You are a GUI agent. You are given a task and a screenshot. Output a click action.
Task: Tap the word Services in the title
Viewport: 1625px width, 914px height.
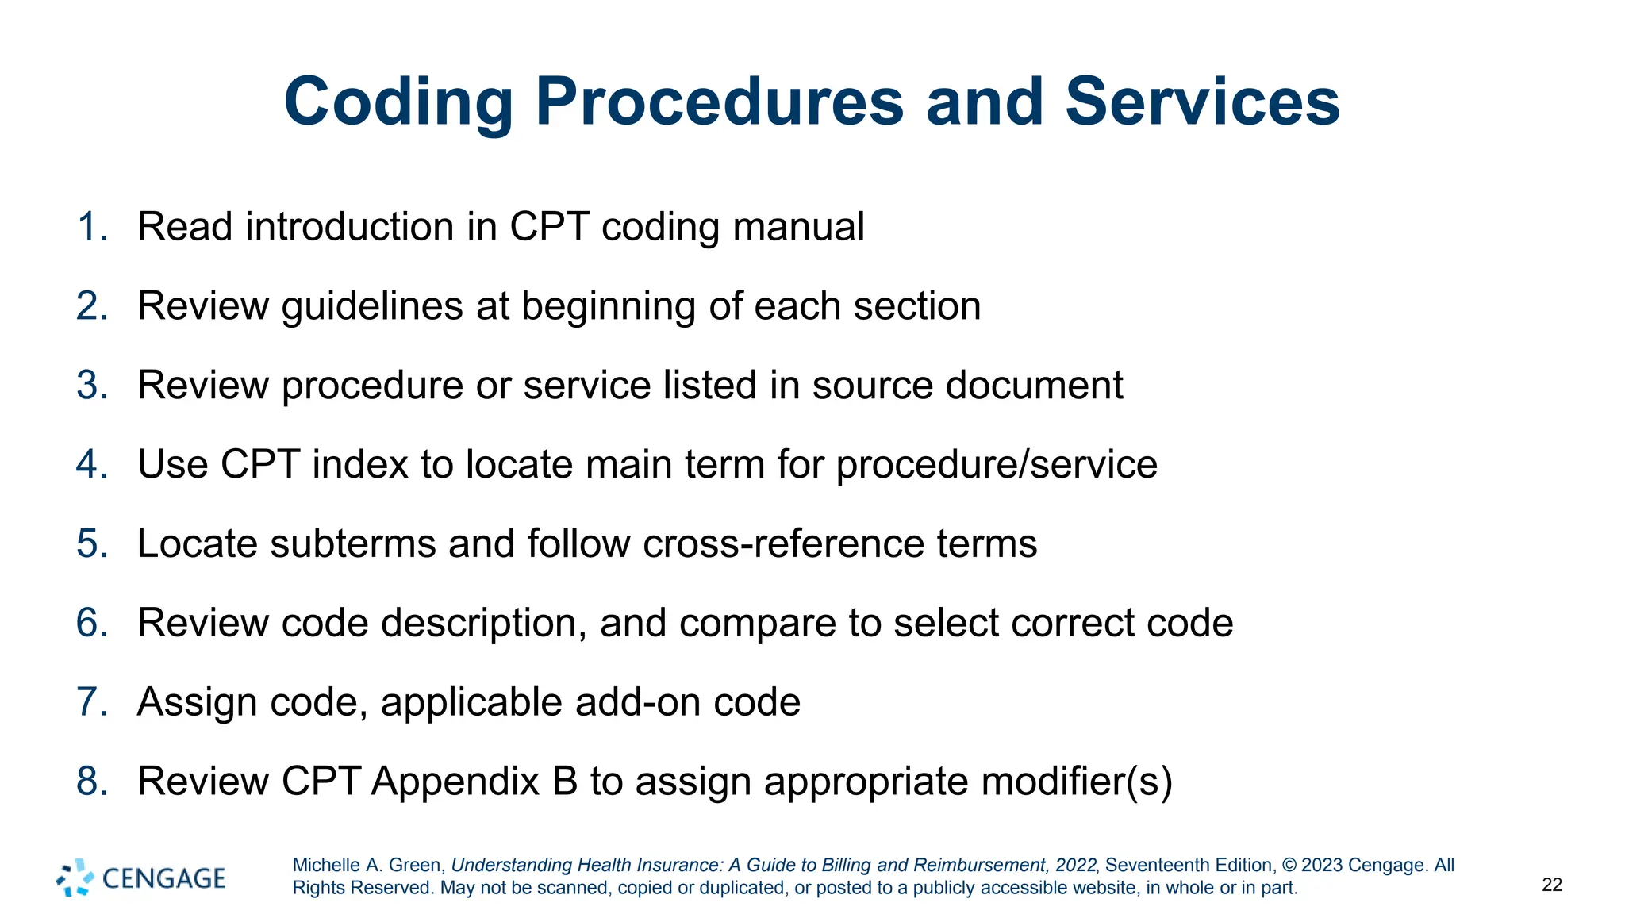[1202, 102]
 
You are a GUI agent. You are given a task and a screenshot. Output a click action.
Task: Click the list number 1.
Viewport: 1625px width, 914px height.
[91, 227]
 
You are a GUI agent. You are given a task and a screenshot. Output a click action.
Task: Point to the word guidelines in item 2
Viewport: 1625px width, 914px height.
[372, 306]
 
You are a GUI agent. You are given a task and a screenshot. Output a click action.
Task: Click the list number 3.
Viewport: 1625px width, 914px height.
[92, 386]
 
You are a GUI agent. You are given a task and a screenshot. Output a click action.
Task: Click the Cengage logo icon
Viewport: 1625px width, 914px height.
[75, 878]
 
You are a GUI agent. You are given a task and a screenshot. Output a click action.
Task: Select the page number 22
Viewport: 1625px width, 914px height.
[1552, 885]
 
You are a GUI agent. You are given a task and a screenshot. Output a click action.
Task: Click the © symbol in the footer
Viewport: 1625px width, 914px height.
[1289, 865]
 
